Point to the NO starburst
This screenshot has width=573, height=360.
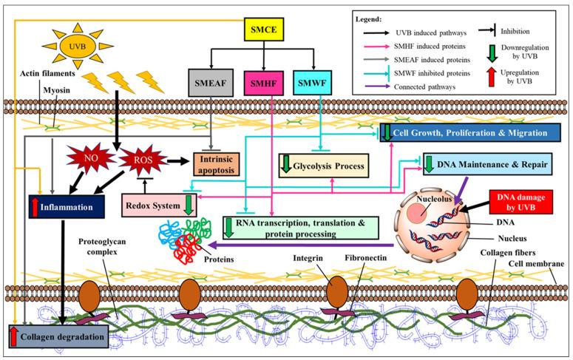coord(89,157)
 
